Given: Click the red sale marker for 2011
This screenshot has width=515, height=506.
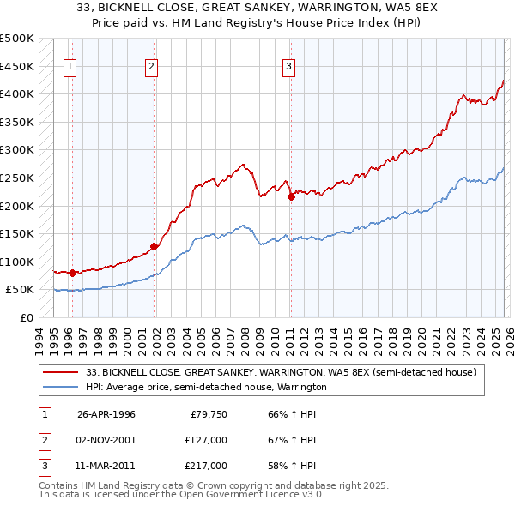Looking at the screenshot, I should pos(291,196).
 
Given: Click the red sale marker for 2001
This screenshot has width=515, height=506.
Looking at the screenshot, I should pos(154,246).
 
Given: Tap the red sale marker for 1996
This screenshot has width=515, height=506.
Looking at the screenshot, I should pos(72,273).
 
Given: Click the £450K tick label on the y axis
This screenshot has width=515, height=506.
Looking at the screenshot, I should pos(17,66).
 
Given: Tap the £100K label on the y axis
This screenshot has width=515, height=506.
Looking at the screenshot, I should pos(17,262).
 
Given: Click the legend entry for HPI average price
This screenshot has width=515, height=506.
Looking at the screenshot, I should pos(206,388).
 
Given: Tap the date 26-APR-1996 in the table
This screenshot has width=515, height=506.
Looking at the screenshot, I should pos(106,414).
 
